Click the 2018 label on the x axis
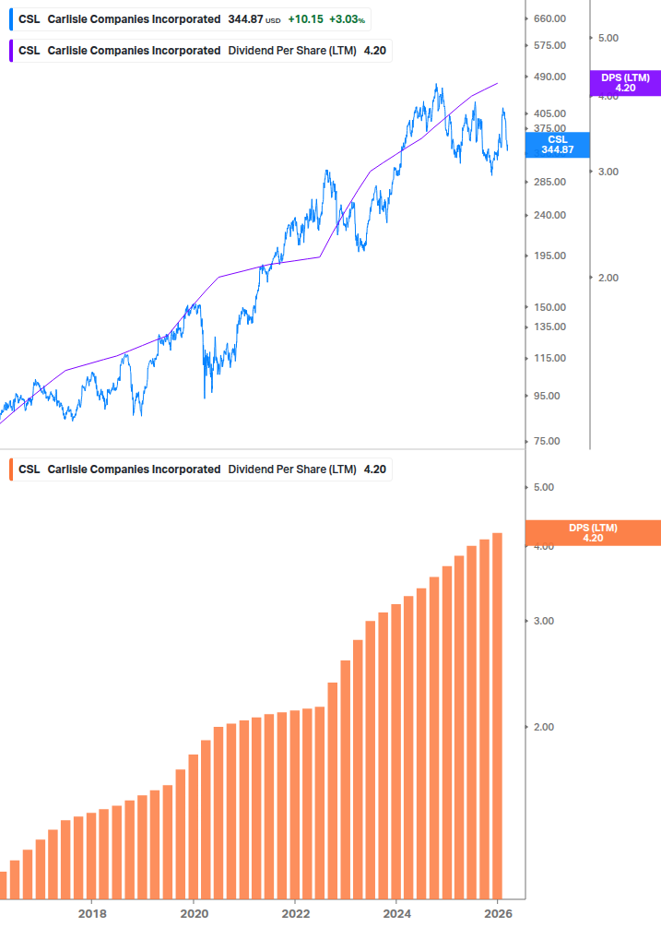[x=91, y=913]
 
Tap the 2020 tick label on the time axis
[x=194, y=913]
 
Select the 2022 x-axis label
[x=295, y=913]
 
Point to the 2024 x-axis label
[x=396, y=913]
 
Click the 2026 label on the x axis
[x=498, y=913]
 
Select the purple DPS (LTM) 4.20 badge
[x=625, y=83]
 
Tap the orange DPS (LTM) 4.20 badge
[x=592, y=533]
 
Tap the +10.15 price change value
[x=304, y=19]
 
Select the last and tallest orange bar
[x=497, y=715]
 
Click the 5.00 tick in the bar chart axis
[x=543, y=487]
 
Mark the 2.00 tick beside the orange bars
[x=543, y=727]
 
